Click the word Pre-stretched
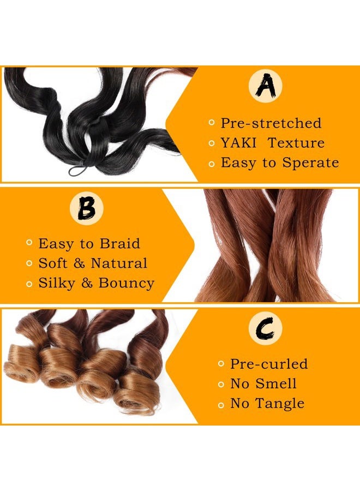point(271,123)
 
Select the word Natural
point(119,263)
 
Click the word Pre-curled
point(269,364)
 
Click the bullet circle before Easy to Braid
point(29,243)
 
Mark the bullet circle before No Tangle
point(221,404)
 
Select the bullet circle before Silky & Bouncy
point(29,283)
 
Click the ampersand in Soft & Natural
point(79,264)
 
